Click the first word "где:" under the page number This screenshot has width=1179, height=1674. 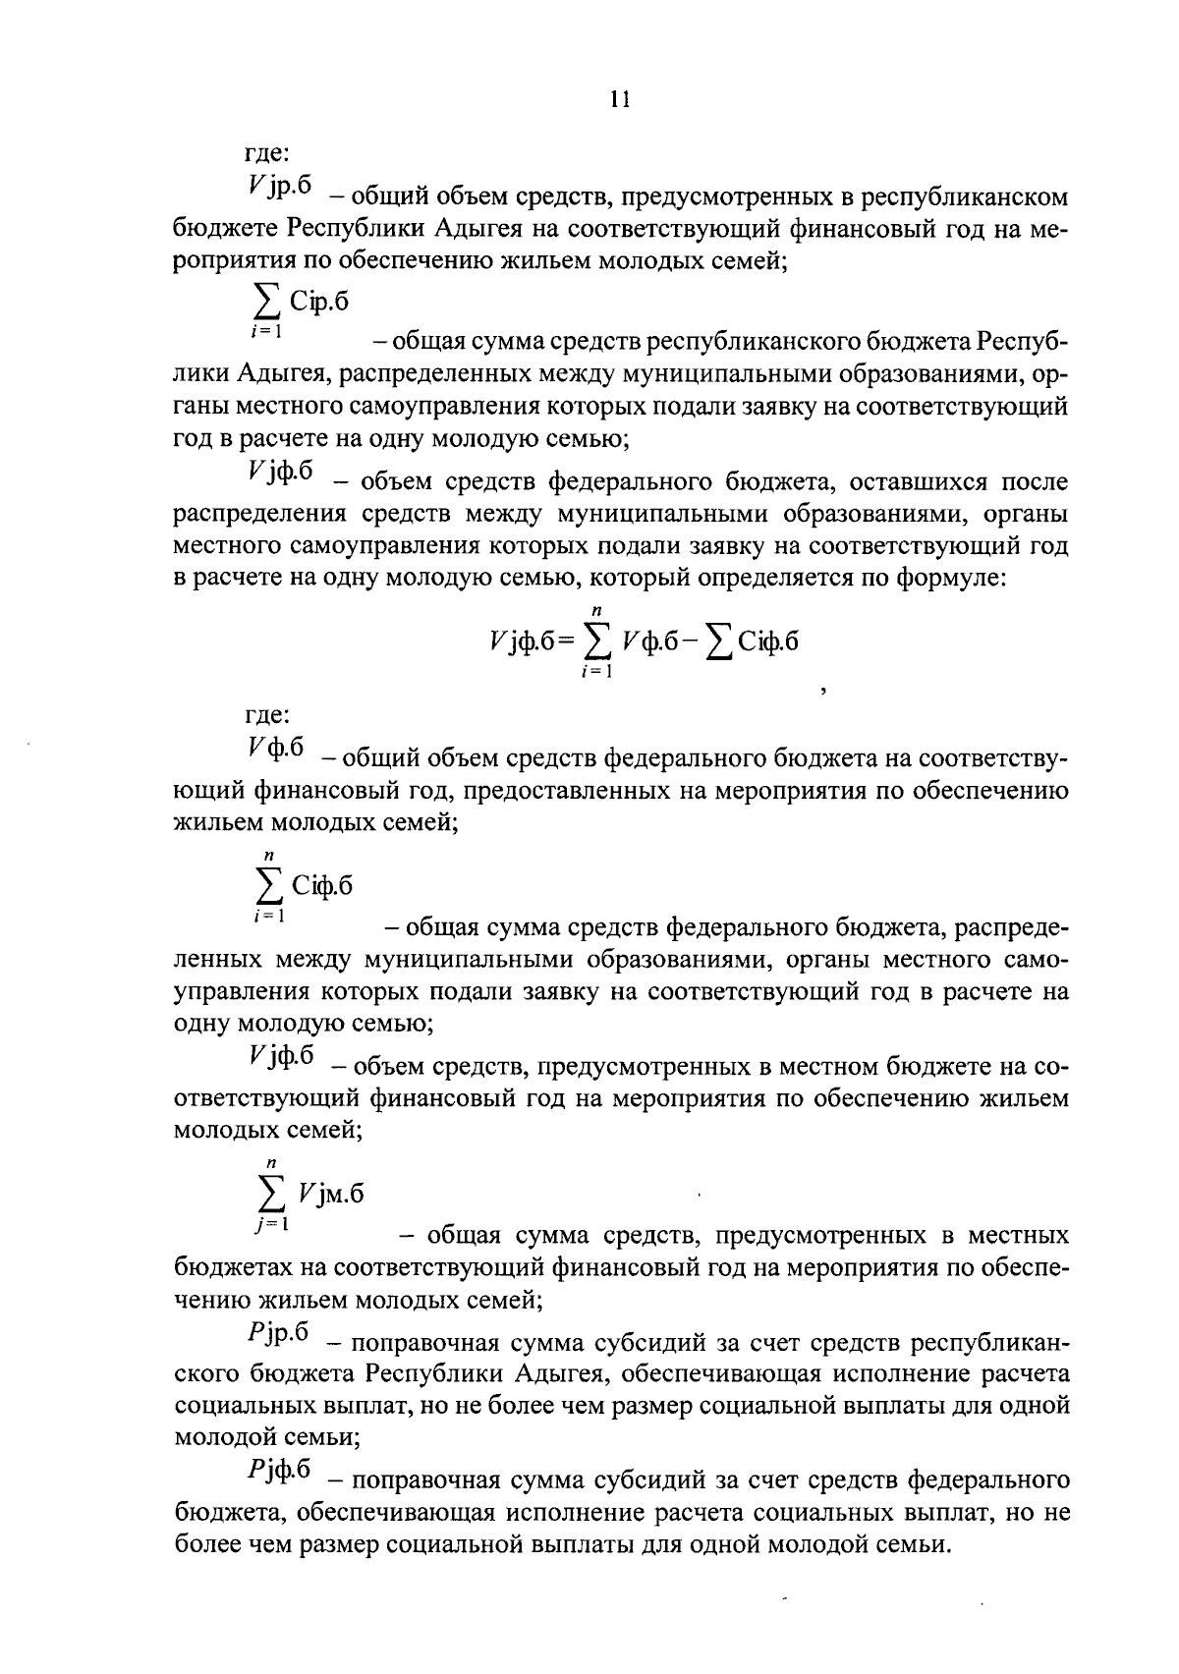tap(266, 154)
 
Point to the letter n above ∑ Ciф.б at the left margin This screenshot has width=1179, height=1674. tap(266, 856)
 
